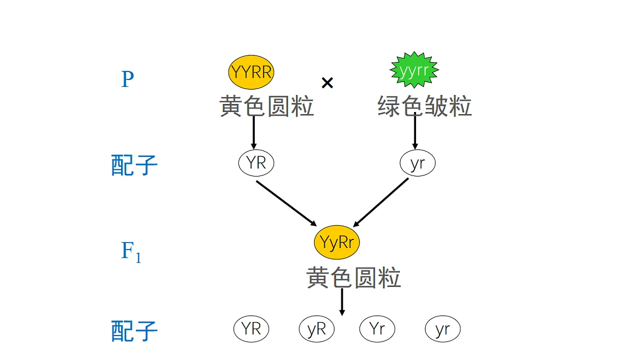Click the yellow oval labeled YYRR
tap(251, 72)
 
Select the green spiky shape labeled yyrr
tap(414, 70)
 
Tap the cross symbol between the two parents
tap(327, 83)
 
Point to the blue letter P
tap(127, 80)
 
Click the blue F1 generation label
tap(131, 252)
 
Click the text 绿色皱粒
tap(425, 107)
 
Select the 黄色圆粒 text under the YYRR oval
tap(267, 107)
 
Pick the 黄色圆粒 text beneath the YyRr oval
tap(354, 278)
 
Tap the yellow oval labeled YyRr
tap(337, 243)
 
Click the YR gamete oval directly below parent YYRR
tap(256, 163)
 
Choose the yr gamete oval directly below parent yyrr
tap(418, 163)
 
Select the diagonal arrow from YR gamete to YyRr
tap(286, 203)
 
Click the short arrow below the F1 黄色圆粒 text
tap(342, 302)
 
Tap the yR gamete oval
tap(317, 329)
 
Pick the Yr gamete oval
tap(377, 329)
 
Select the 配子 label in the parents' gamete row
tap(134, 165)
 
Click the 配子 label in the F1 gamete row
tap(134, 331)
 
